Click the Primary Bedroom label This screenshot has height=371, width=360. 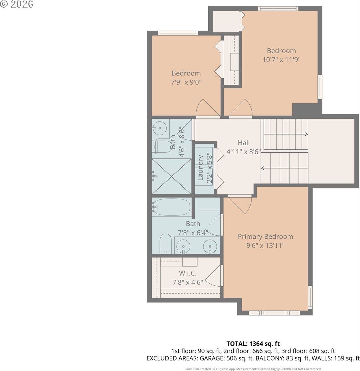265,237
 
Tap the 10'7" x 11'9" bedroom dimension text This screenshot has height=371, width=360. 281,59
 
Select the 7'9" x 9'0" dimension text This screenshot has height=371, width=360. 186,82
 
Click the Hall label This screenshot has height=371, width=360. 244,143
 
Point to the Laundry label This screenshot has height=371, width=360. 200,168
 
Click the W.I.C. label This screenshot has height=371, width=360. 188,273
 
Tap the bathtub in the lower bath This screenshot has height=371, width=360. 172,207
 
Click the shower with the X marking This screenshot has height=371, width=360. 172,176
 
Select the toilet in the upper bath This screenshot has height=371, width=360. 162,146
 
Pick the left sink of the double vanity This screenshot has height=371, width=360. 184,246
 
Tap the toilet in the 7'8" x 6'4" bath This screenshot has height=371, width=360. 166,244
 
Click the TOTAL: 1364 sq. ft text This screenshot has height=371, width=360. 253,343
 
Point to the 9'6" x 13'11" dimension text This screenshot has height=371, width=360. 265,245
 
